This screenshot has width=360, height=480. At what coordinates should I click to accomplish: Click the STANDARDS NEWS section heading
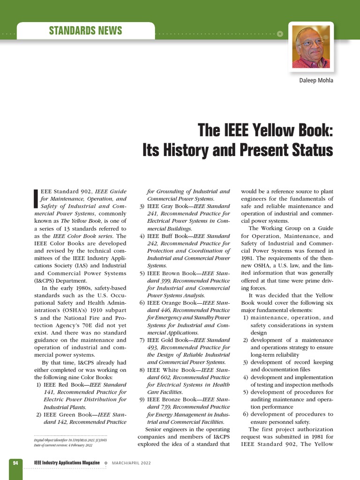85,31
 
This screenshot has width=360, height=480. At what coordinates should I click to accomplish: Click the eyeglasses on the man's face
311,43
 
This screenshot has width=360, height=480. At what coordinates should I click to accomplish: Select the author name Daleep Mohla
316,80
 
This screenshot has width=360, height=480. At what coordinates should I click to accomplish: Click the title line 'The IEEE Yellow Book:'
265,130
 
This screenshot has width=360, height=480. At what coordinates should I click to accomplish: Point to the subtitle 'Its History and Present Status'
238,150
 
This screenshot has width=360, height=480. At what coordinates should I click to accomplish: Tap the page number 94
15,463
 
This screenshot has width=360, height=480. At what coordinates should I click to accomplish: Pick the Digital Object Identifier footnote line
70,440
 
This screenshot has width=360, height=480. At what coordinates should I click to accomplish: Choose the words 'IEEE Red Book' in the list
65,385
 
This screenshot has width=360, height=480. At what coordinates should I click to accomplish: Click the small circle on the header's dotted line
280,34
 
